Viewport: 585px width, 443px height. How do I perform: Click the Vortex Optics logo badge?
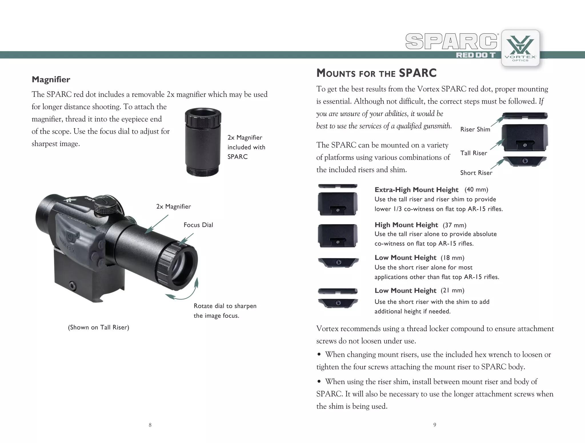tap(520, 48)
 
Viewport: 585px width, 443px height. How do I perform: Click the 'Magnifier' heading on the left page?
tap(51, 79)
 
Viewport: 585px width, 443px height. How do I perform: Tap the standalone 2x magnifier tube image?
tap(203, 142)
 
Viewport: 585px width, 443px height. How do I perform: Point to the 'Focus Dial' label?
tap(198, 225)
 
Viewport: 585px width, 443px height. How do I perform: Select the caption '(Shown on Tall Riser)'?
tap(99, 328)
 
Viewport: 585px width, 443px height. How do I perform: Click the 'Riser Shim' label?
tap(475, 129)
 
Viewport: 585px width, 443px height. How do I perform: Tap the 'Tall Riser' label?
tap(474, 153)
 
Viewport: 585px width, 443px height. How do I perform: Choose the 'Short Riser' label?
tap(476, 173)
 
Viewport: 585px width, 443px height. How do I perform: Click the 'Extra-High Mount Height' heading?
tap(416, 190)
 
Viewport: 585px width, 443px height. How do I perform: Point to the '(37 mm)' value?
tap(454, 225)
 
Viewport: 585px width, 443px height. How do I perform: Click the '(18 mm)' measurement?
tap(452, 258)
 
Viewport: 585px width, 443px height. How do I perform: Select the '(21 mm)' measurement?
tap(452, 291)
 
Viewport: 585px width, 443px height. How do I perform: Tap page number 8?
tap(150, 425)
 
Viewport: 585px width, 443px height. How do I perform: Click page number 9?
tap(434, 425)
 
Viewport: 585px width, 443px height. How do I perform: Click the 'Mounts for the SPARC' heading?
tap(376, 73)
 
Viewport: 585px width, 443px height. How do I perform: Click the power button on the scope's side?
tap(71, 236)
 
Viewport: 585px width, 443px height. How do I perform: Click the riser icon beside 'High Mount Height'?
tap(338, 236)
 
